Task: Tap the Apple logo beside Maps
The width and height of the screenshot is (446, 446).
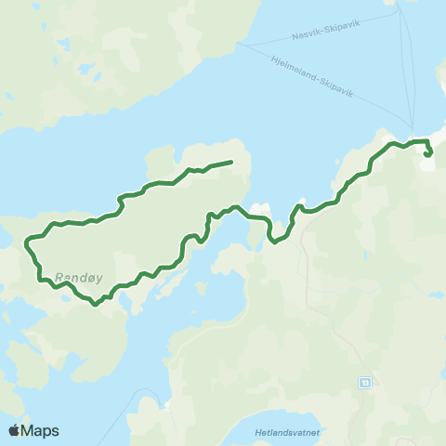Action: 15,430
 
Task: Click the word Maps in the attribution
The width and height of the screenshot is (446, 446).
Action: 41,430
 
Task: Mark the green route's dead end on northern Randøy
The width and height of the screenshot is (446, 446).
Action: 230,163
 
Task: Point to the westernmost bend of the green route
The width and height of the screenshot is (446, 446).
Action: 25,244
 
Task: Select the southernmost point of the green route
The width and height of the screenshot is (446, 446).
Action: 94,302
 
